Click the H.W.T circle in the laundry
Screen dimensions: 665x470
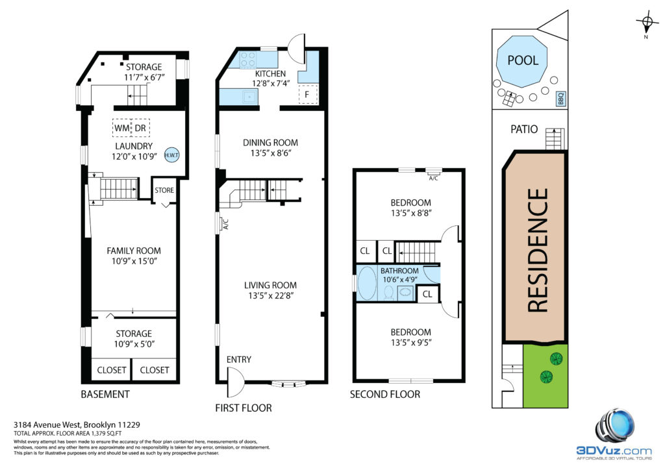(171, 155)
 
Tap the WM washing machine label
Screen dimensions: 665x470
(122, 128)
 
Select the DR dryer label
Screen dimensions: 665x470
(140, 128)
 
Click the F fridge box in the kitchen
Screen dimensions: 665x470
(307, 94)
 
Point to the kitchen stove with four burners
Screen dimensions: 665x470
(248, 60)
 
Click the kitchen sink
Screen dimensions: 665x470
(250, 97)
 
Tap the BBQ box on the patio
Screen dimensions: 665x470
(561, 99)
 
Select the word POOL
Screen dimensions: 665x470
(523, 60)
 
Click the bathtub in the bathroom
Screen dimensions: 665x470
(367, 283)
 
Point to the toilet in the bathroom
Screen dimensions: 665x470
(388, 293)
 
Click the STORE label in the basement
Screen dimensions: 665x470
(164, 190)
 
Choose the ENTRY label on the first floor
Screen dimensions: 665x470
(239, 360)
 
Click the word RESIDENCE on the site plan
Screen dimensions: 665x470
(538, 250)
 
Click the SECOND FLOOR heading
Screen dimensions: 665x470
(385, 394)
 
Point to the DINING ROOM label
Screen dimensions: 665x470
(270, 143)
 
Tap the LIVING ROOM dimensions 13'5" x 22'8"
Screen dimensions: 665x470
(270, 295)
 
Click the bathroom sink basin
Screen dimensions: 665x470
(406, 292)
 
